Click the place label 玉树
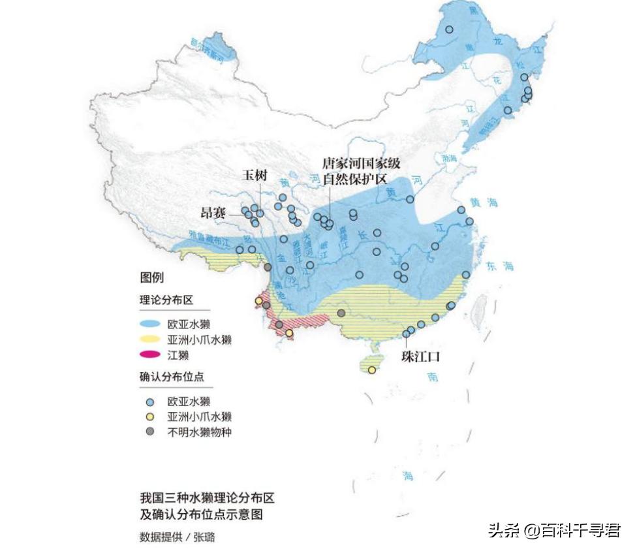[255, 175]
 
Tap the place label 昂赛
[213, 213]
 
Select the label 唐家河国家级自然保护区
[361, 171]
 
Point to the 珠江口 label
[420, 356]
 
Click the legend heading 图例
[152, 278]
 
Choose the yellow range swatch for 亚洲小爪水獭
[151, 340]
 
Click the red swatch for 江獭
[151, 355]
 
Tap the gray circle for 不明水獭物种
[150, 432]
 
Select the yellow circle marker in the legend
[150, 417]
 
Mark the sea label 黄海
[485, 203]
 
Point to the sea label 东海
[500, 266]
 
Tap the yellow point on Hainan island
[371, 370]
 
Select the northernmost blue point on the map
[449, 29]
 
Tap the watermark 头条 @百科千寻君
[554, 529]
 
